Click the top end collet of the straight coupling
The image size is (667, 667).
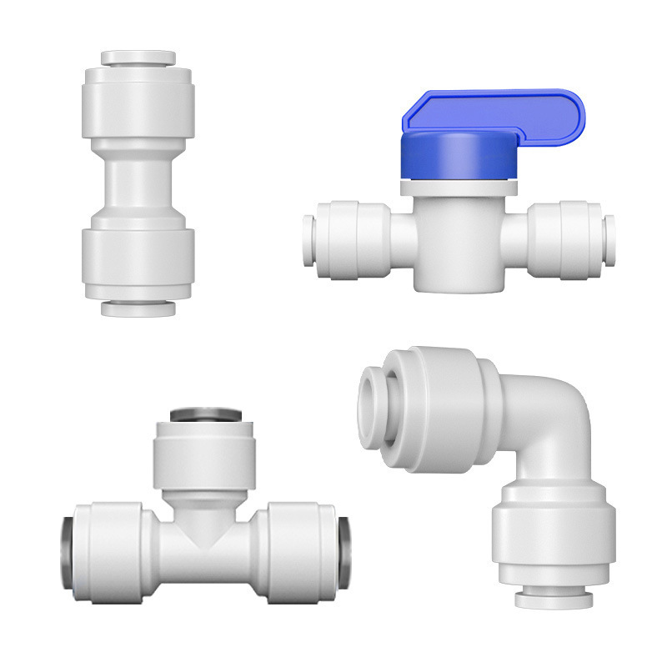click(x=138, y=58)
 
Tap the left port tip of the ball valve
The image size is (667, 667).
click(x=308, y=240)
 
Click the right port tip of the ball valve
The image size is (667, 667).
click(x=609, y=240)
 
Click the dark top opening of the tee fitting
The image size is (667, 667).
click(x=206, y=414)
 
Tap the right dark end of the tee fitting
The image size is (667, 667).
click(x=344, y=552)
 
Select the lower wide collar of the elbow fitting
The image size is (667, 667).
click(x=554, y=534)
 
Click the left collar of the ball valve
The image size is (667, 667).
click(x=354, y=240)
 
